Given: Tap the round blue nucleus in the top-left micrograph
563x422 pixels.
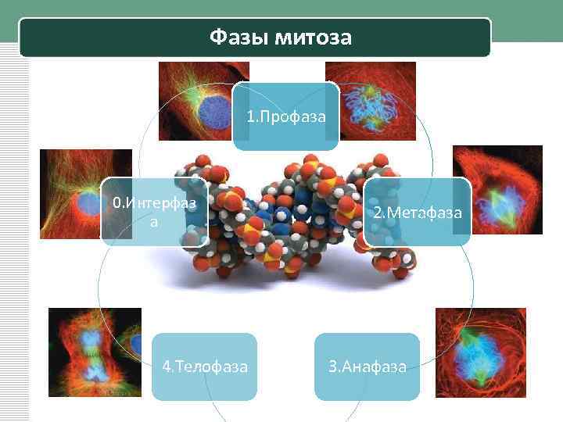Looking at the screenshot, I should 211,111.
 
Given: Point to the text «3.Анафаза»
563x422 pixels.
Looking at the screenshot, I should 368,366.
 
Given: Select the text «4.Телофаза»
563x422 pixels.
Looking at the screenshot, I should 204,366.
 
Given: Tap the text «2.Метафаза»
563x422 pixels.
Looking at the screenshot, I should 417,213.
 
